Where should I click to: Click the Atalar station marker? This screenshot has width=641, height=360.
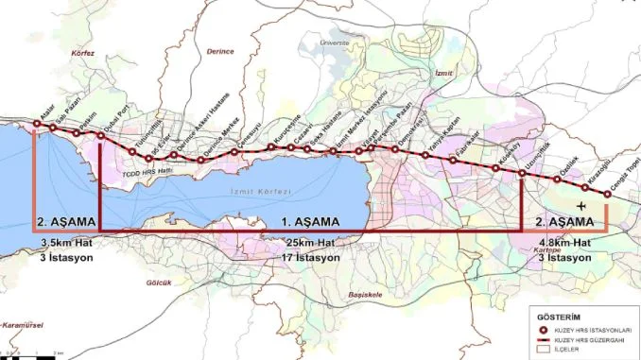(x=35, y=125)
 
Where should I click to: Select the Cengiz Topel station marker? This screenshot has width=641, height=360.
(x=607, y=196)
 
